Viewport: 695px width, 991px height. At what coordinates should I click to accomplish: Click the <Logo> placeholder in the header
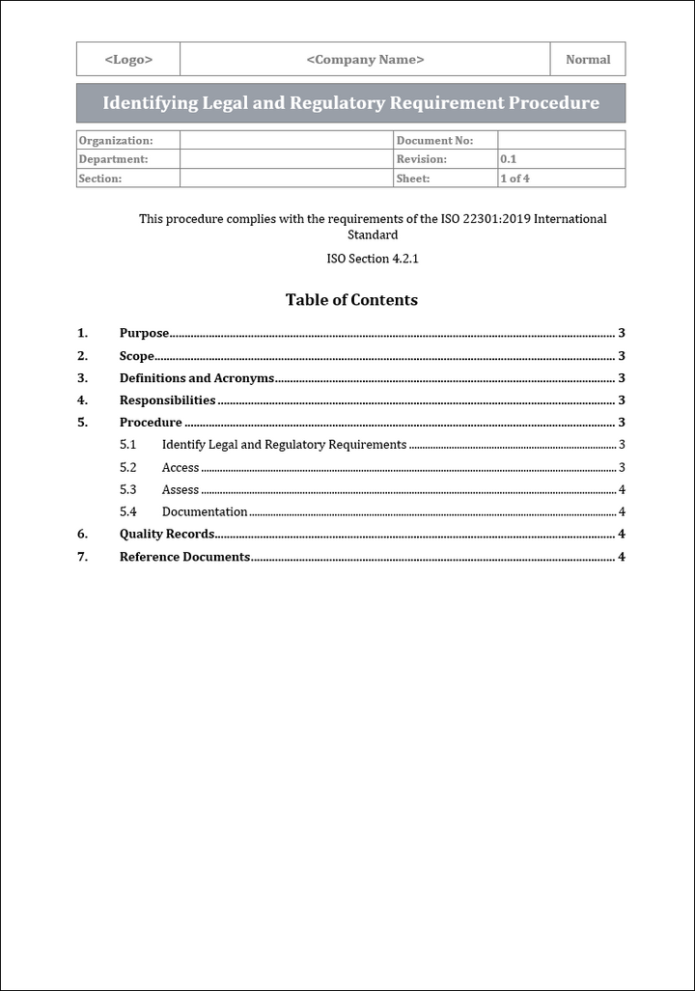(x=128, y=60)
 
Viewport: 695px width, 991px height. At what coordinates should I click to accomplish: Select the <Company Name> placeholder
(x=365, y=60)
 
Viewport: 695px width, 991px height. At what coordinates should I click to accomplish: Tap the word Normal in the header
(x=588, y=60)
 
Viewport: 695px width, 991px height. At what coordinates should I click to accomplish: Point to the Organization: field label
(x=116, y=141)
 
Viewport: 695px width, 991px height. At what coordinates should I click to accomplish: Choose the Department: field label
(x=113, y=159)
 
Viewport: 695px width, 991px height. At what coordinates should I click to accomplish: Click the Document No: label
(x=434, y=141)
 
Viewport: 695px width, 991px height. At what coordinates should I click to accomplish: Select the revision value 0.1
(x=508, y=159)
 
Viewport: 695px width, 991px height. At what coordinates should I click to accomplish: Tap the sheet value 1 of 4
(x=514, y=179)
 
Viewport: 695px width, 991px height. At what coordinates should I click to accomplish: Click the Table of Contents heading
(x=351, y=300)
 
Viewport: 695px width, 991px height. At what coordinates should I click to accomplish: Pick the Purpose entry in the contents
(x=144, y=334)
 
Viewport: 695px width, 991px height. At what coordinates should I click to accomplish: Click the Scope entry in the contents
(x=137, y=356)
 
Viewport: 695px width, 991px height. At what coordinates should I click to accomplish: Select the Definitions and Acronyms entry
(x=197, y=378)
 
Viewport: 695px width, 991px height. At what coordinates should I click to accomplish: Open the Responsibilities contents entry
(x=167, y=400)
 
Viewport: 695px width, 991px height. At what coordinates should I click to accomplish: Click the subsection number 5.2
(x=127, y=468)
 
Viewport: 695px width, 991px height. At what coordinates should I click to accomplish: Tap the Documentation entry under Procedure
(x=205, y=512)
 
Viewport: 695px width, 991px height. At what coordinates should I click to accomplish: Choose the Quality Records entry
(x=167, y=535)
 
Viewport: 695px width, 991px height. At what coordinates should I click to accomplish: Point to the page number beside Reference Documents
(x=622, y=557)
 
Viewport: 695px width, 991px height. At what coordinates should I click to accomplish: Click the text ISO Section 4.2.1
(x=373, y=260)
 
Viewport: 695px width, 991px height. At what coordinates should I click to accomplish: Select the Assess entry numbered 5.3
(x=181, y=490)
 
